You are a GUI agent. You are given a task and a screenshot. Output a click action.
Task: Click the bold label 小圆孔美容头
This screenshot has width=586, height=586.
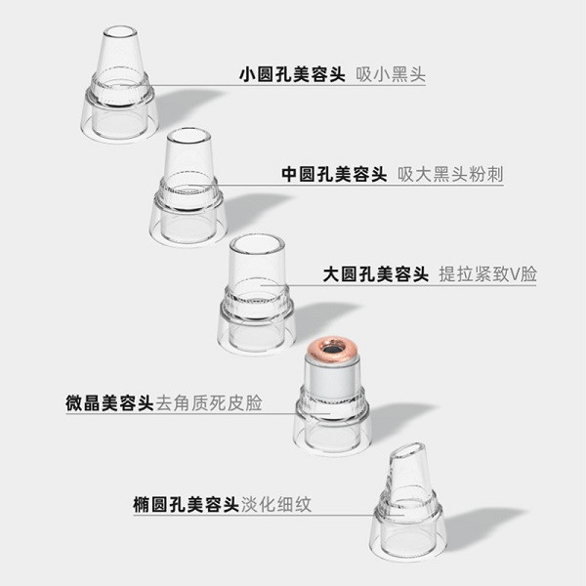(292, 74)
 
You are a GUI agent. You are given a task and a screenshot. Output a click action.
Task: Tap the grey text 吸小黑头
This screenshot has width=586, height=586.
(391, 74)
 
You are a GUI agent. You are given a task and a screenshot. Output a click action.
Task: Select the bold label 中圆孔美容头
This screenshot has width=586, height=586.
(334, 174)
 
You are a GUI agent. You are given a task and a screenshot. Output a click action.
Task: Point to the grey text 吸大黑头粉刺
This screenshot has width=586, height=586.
(450, 174)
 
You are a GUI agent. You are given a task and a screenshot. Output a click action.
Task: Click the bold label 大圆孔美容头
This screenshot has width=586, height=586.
(376, 274)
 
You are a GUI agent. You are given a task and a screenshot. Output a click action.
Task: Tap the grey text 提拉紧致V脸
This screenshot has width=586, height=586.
(487, 274)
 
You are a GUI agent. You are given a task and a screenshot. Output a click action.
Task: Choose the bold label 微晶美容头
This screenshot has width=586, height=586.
(109, 402)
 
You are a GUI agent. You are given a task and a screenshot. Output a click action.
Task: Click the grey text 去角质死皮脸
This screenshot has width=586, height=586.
(209, 402)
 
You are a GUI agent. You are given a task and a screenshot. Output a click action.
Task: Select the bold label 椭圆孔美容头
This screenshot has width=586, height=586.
(186, 505)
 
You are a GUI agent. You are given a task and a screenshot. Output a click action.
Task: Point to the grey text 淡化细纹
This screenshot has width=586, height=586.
(276, 505)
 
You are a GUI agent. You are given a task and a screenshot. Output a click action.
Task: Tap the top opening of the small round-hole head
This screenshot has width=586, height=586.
(120, 32)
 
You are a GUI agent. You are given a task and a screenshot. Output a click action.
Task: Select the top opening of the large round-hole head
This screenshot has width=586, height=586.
(257, 244)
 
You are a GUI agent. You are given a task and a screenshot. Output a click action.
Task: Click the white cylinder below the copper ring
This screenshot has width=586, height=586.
(331, 377)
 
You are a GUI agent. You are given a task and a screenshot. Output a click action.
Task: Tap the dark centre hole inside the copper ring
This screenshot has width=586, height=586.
(331, 350)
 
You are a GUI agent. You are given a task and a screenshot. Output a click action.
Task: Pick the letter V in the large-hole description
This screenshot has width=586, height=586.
(515, 274)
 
